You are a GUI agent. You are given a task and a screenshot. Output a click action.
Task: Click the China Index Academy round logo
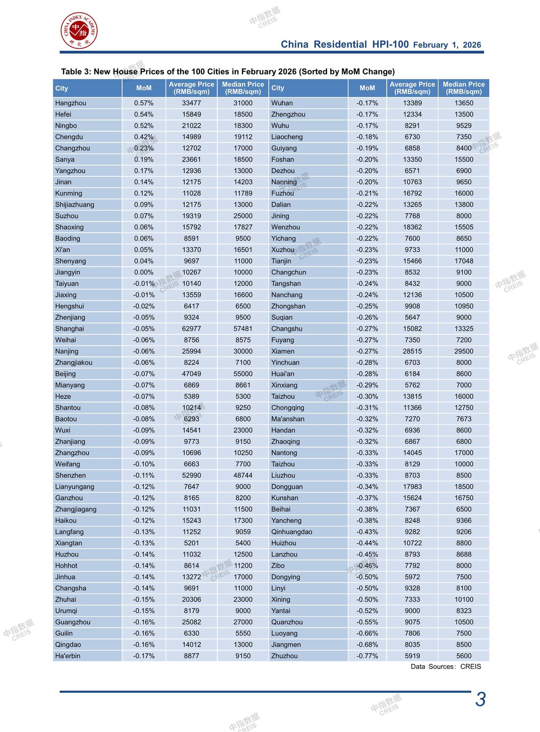click(x=79, y=30)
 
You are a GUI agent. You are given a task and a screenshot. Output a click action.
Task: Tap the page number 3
click(x=480, y=699)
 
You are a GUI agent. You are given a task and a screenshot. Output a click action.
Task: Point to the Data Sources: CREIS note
click(x=446, y=666)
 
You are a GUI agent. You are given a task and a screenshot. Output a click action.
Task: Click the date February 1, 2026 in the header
click(x=447, y=45)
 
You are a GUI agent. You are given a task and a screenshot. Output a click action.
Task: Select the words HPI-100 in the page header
click(x=390, y=45)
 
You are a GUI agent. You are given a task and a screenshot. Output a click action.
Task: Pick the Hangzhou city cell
click(x=71, y=103)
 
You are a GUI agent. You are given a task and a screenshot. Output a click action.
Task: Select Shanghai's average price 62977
click(x=191, y=328)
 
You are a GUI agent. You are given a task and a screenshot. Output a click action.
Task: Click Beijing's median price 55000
click(x=243, y=374)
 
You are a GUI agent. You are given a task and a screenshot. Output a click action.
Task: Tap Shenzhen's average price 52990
click(x=191, y=475)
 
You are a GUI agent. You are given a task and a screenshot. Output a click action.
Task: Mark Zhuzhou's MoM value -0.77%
click(x=367, y=656)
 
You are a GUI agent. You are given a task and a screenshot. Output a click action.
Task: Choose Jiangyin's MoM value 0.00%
click(x=144, y=272)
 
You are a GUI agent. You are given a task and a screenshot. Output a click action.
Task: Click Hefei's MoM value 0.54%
click(x=144, y=114)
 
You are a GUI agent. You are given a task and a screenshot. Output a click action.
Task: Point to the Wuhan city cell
click(x=282, y=103)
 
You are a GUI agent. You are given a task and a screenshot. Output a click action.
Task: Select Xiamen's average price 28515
click(x=412, y=351)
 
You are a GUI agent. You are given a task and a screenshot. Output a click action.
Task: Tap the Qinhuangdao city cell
click(x=292, y=532)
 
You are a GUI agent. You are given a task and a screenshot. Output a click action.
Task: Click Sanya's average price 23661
click(x=191, y=160)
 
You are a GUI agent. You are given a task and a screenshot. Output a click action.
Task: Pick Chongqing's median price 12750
click(x=463, y=408)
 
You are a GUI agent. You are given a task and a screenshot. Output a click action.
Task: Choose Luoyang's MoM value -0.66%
click(x=367, y=633)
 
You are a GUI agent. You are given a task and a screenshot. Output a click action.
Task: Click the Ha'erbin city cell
click(x=68, y=656)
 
